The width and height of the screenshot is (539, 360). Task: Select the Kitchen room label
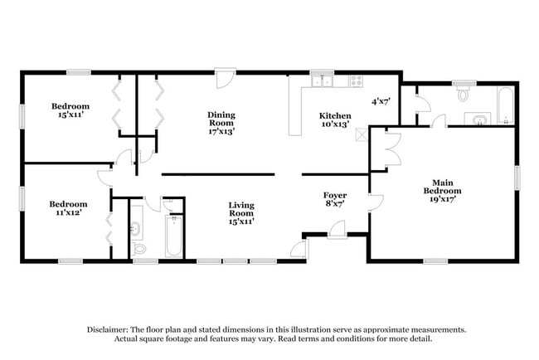[335, 115]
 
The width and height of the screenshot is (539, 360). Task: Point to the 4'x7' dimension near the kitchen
[381, 101]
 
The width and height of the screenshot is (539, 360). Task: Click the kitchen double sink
[322, 81]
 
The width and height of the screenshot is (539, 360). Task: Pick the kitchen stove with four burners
[356, 81]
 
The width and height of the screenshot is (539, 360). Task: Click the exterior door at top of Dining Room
[222, 80]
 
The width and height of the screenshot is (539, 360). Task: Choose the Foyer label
[334, 195]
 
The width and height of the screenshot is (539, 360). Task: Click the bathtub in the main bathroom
[505, 106]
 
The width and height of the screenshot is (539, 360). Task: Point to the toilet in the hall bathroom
[139, 247]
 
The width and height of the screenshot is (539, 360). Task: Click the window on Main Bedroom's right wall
[517, 178]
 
